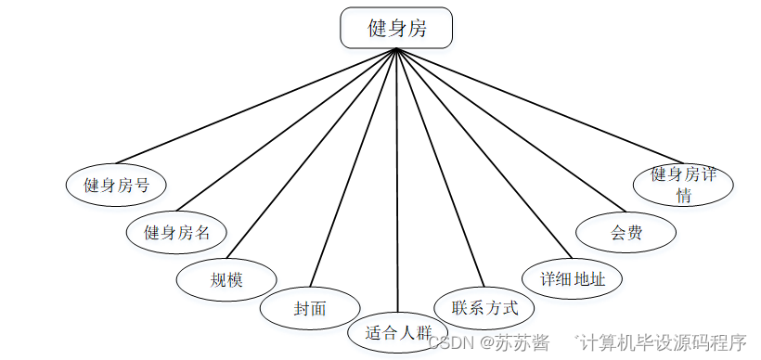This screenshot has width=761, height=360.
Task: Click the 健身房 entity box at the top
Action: [x=396, y=28]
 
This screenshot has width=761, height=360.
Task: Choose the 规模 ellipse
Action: [x=227, y=279]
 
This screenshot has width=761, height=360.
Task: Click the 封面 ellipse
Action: [x=310, y=308]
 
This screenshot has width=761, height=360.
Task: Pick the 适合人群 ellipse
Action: [x=398, y=331]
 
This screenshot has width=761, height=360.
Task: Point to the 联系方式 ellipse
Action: [x=484, y=307]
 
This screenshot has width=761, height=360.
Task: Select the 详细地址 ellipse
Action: [x=568, y=277]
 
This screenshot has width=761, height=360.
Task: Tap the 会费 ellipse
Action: [x=626, y=232]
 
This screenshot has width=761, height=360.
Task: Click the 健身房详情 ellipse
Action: [x=683, y=184]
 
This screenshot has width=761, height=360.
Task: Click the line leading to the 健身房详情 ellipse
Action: [x=538, y=105]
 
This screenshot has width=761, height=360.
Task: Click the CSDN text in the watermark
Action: [x=450, y=342]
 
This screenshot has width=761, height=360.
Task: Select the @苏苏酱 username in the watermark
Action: [x=513, y=342]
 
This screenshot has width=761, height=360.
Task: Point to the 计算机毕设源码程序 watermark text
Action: [x=663, y=342]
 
